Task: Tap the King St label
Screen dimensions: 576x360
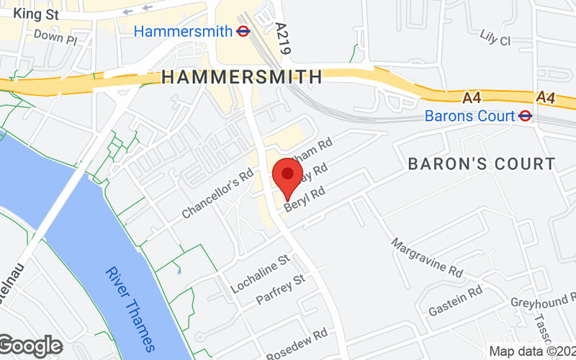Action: pos(35,13)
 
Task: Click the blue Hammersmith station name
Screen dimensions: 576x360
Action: pos(183,31)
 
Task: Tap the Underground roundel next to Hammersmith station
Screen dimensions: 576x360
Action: pos(243,31)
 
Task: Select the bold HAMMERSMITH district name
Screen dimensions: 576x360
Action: pos(242,76)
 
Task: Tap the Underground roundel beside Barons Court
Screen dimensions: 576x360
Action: pos(526,115)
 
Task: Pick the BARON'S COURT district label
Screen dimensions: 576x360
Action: pos(482,164)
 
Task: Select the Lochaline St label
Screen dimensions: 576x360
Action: pos(259,274)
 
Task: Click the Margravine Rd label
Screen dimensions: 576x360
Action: pos(427,258)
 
